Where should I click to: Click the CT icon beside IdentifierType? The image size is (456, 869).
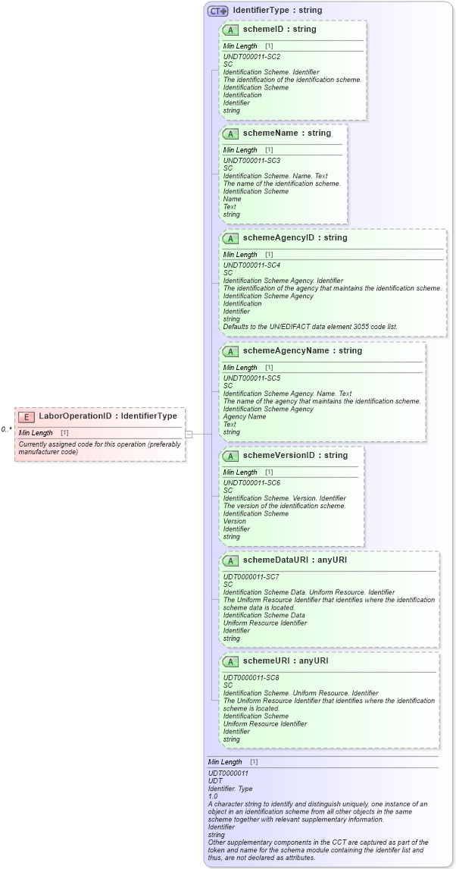point(218,11)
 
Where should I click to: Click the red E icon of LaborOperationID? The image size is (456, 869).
point(27,416)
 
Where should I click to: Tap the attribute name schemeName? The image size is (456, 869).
point(266,133)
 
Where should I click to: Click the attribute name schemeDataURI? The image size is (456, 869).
point(273,560)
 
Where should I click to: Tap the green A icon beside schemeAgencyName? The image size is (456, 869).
point(230,351)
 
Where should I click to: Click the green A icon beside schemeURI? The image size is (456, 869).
point(230,661)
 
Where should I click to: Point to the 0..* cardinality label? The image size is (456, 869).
point(7,429)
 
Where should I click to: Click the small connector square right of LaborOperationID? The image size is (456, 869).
point(189,434)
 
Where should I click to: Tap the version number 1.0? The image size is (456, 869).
point(213,796)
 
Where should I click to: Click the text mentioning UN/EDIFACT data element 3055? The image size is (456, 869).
point(310,327)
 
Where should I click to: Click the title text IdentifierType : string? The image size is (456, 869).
point(277,11)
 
